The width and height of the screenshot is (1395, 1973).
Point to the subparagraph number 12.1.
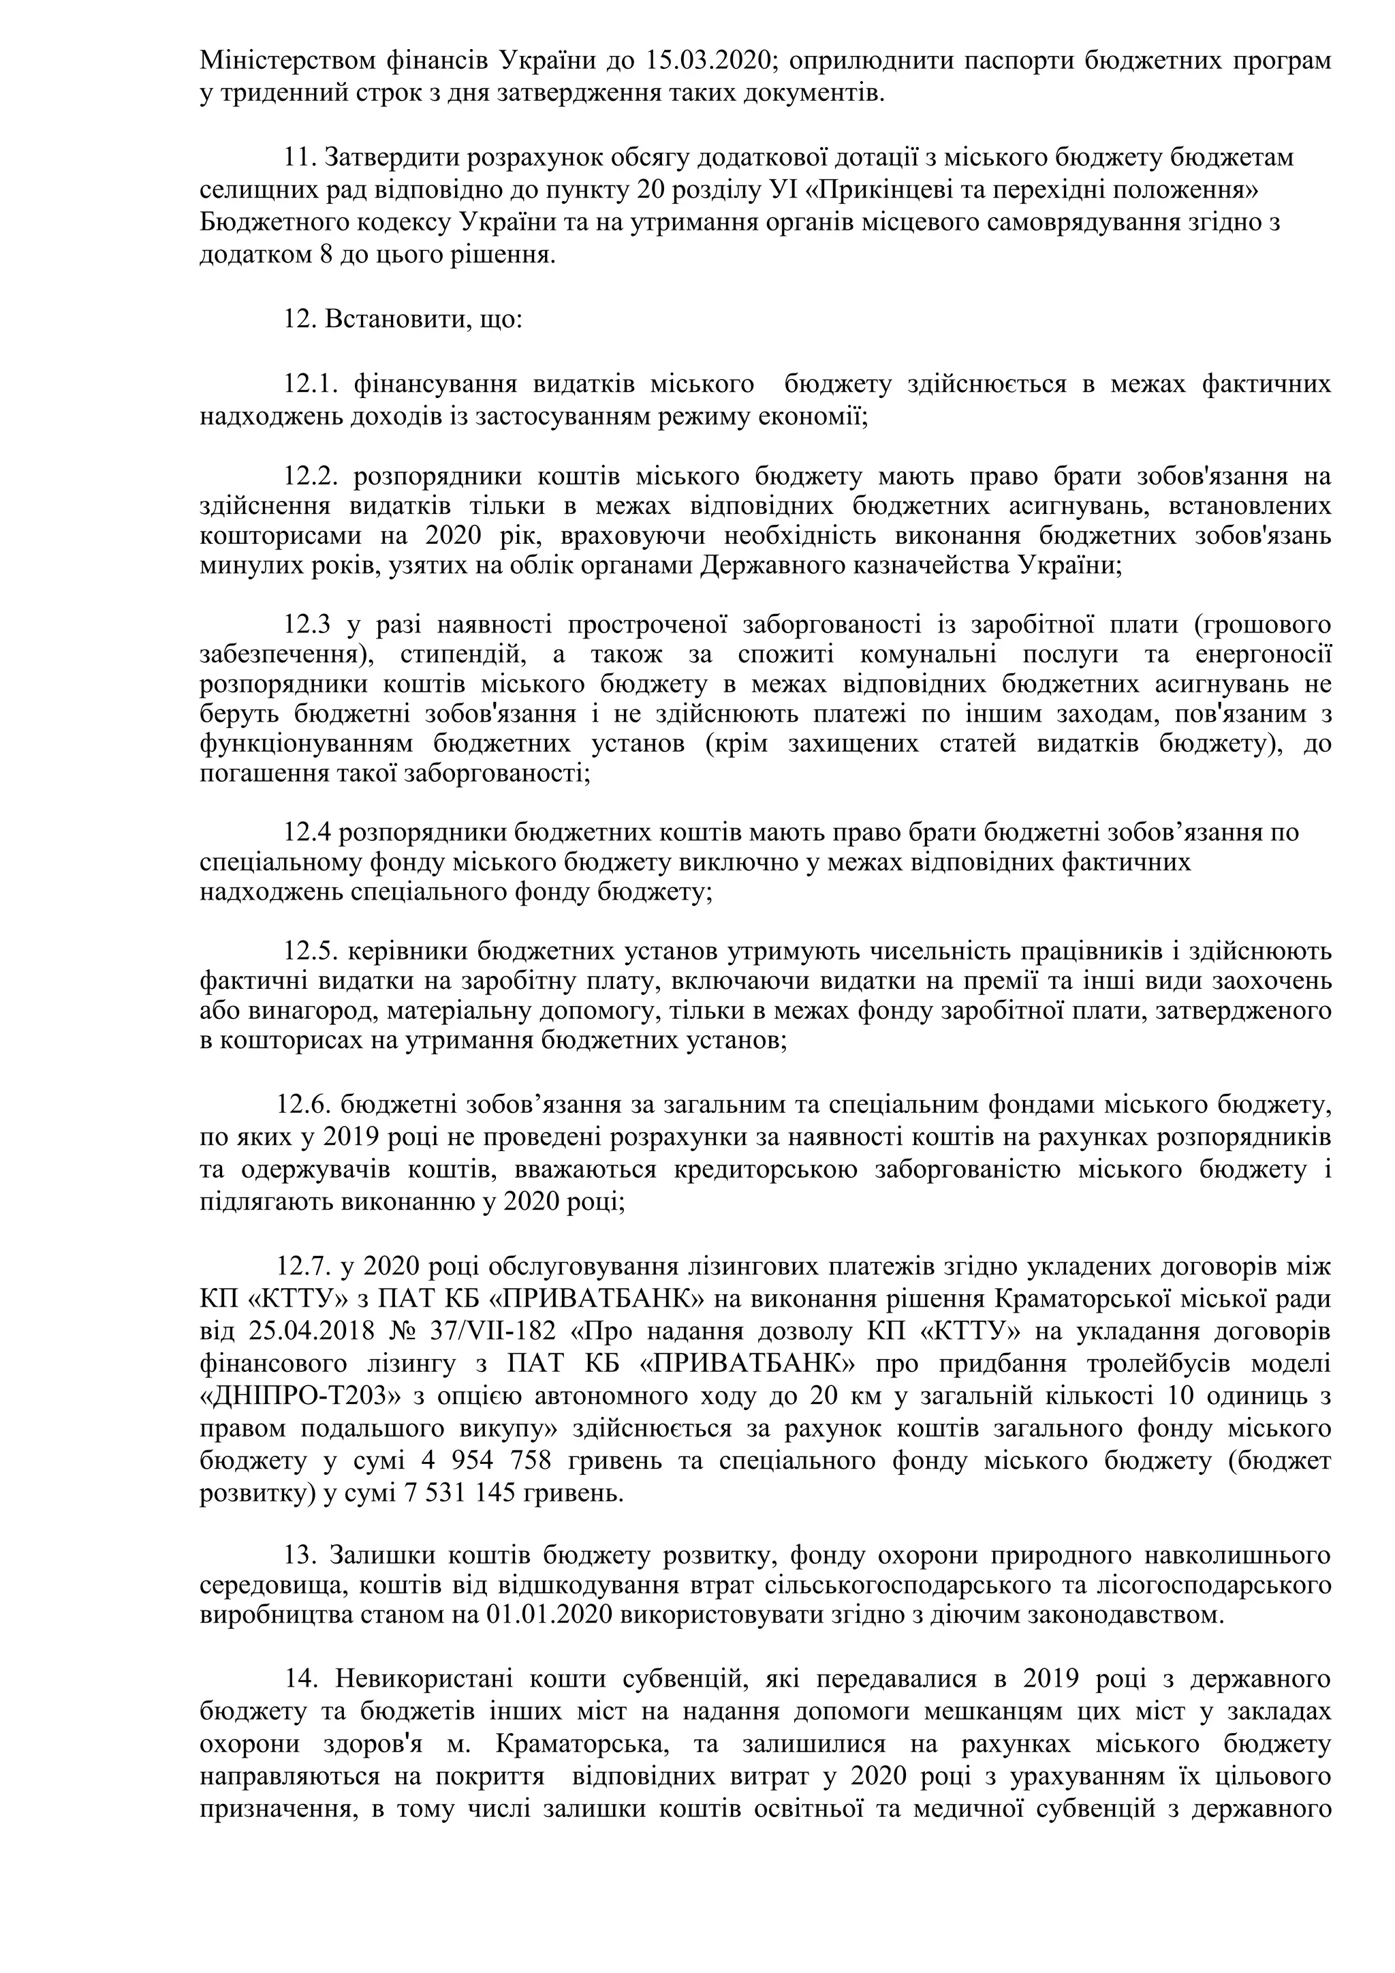point(315,384)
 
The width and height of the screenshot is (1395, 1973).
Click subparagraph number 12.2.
point(315,476)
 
